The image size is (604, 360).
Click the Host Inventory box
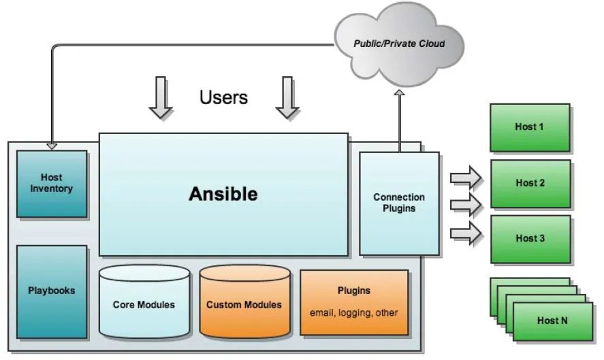point(52,184)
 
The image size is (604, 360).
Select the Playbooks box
point(52,291)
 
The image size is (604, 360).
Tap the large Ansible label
point(223,194)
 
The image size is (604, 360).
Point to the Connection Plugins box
point(399,203)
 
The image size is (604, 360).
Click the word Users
point(223,97)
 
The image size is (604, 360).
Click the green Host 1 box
point(530,127)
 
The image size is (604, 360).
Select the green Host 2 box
point(530,183)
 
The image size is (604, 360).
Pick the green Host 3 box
point(530,239)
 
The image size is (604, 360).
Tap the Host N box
point(552,321)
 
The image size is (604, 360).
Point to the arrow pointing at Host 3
point(466,233)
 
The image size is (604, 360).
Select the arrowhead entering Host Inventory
point(52,146)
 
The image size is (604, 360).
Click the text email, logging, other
point(354,313)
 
